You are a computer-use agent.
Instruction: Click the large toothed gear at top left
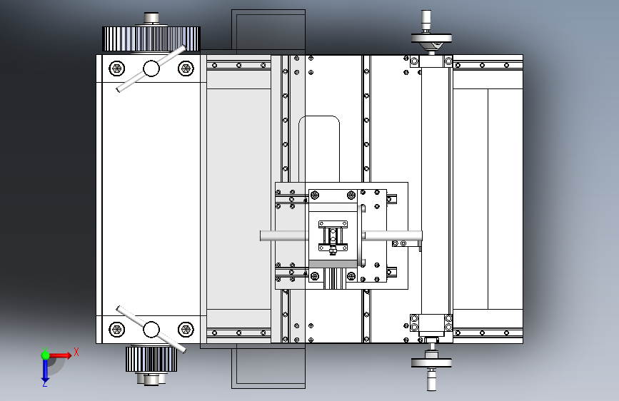(151, 39)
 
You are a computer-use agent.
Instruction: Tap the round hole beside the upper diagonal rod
(151, 68)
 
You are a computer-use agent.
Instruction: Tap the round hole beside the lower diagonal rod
(151, 330)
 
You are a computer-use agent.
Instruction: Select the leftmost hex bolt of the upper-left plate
(116, 68)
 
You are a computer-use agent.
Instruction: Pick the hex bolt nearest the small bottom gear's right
(186, 330)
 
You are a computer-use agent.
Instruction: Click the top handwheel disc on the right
(432, 39)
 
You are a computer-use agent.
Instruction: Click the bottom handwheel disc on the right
(432, 362)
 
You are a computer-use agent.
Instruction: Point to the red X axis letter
(76, 352)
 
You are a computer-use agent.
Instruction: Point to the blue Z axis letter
(45, 383)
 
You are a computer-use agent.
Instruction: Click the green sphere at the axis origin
(45, 355)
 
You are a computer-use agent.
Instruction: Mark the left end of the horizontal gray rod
(263, 235)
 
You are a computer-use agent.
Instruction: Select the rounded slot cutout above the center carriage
(320, 146)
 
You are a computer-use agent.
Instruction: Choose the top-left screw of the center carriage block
(315, 195)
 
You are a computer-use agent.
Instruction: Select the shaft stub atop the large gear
(151, 17)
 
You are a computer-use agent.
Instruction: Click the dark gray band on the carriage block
(333, 264)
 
